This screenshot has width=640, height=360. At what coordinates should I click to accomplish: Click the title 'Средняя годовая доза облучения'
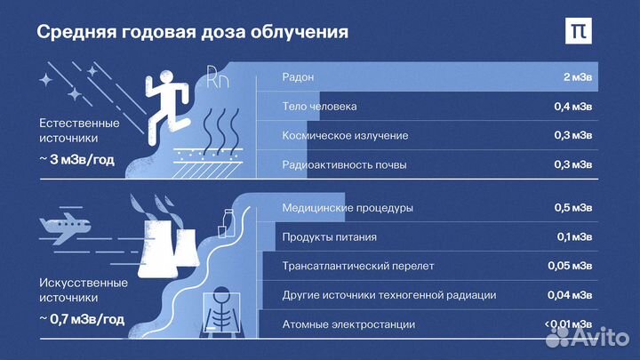[192, 32]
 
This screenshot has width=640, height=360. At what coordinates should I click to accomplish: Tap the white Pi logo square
[579, 30]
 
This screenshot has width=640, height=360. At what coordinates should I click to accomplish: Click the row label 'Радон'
[298, 77]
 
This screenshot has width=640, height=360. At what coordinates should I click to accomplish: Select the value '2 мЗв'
[578, 77]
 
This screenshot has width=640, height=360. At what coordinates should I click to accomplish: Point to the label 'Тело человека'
[319, 107]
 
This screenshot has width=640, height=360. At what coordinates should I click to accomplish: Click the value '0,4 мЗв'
[572, 107]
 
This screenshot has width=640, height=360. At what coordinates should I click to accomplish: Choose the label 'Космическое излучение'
[345, 135]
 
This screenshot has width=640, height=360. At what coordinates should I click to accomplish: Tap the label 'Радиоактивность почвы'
[344, 164]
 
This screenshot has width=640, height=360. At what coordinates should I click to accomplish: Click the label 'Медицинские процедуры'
[347, 208]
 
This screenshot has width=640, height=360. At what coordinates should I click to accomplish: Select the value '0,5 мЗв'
[572, 208]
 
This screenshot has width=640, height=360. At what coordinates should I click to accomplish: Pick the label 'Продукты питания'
[329, 237]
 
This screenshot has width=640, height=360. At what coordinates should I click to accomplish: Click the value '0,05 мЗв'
[570, 266]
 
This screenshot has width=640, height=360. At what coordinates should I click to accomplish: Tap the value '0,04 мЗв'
[570, 294]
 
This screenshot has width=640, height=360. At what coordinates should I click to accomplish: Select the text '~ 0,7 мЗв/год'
[82, 318]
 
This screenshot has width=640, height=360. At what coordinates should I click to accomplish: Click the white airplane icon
[67, 229]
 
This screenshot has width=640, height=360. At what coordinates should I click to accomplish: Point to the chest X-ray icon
[225, 310]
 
